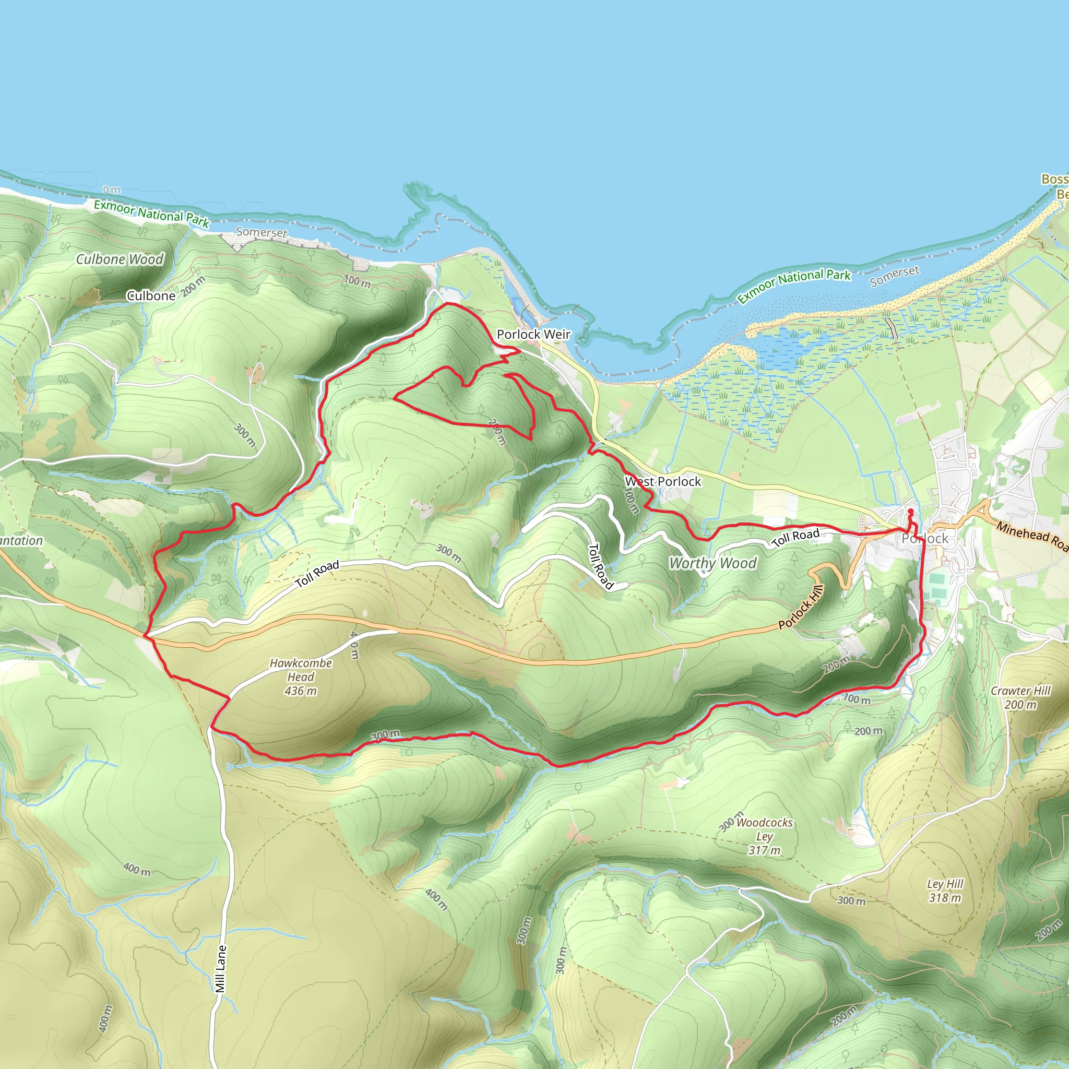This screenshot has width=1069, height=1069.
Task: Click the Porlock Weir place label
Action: click(533, 334)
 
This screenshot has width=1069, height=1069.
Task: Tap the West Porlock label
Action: click(663, 481)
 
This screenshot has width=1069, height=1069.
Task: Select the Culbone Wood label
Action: click(120, 259)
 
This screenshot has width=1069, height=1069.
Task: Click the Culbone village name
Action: click(150, 296)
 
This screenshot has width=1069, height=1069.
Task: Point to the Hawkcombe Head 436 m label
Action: click(301, 676)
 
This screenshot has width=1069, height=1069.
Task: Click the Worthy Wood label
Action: click(712, 563)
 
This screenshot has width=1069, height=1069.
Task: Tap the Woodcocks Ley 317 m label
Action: click(764, 836)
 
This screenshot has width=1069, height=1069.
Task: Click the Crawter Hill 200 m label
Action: click(1020, 697)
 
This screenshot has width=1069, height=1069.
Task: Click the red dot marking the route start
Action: click(910, 510)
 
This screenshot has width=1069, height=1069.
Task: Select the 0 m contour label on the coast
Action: click(112, 190)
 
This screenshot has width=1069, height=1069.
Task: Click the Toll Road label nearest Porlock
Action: click(795, 537)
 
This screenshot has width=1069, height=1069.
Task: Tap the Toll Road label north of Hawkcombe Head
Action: click(317, 574)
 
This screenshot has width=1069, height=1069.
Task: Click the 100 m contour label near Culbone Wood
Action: click(357, 281)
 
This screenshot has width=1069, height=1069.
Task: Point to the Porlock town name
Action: click(924, 538)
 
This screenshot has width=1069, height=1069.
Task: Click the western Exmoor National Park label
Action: click(151, 213)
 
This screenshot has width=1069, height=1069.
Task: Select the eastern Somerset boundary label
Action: click(894, 276)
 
